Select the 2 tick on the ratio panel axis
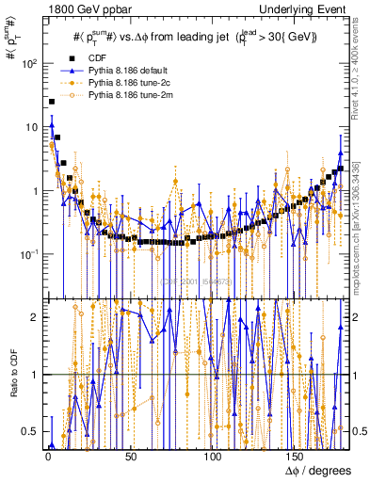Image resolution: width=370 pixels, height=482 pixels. [x=36, y=316]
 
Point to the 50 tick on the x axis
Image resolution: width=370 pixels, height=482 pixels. [x=130, y=458]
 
